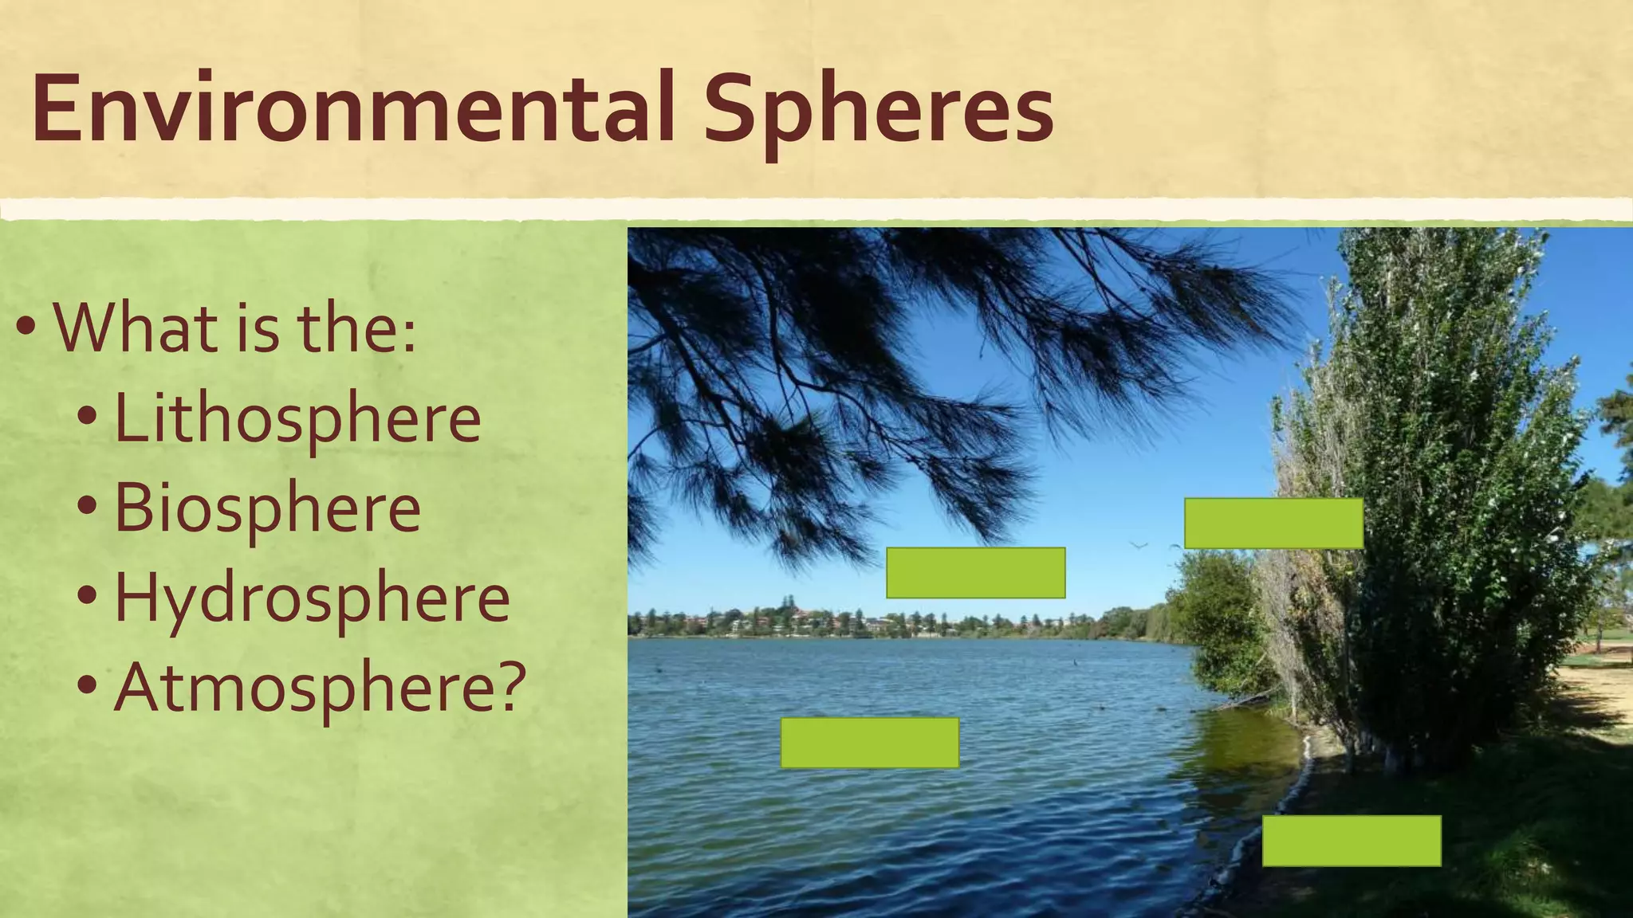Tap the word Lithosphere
297,418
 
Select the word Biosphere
267,508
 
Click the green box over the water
869,743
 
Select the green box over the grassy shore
1352,841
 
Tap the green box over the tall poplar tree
1273,524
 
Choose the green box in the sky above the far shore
975,573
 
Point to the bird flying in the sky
1139,545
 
